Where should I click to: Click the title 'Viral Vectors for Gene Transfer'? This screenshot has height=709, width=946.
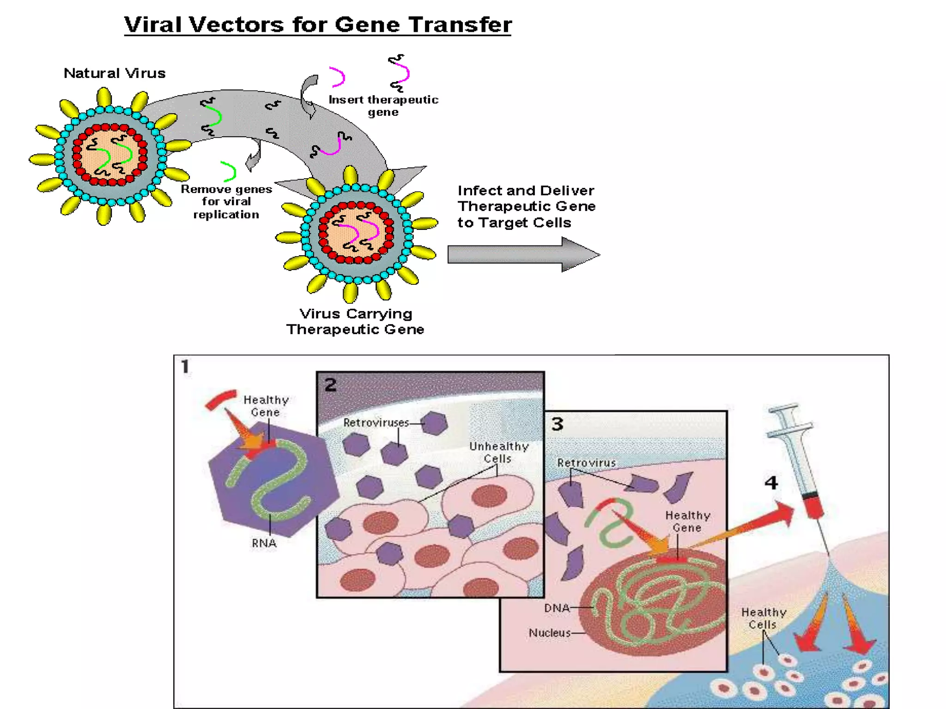click(x=318, y=24)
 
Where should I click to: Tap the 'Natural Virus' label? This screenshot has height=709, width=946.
click(x=115, y=73)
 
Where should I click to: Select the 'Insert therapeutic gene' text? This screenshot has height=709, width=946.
click(x=383, y=106)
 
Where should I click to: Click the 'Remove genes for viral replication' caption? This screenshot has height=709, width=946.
click(x=226, y=202)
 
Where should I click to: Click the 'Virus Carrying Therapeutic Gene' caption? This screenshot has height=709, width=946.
click(x=355, y=321)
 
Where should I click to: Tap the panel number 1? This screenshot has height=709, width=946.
click(x=185, y=367)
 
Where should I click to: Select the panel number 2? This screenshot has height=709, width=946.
click(x=330, y=385)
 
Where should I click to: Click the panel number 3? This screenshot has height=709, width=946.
click(x=558, y=424)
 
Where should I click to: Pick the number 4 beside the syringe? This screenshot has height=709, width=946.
click(x=771, y=483)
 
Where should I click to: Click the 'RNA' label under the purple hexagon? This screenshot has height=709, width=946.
click(x=264, y=543)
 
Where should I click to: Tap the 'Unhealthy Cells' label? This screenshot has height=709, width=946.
click(x=498, y=452)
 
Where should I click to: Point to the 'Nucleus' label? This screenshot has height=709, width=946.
click(x=549, y=633)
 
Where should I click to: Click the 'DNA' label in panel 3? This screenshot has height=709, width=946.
click(x=557, y=608)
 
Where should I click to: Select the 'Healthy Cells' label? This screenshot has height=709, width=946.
click(x=764, y=618)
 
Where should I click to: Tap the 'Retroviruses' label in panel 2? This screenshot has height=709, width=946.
click(x=376, y=422)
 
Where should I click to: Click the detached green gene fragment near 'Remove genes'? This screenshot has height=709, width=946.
click(x=229, y=171)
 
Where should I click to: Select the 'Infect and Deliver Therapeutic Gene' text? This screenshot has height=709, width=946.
click(x=526, y=206)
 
